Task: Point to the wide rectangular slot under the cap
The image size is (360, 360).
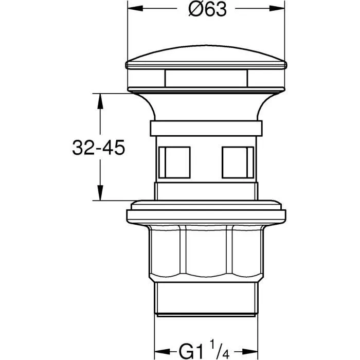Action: (x=206, y=79)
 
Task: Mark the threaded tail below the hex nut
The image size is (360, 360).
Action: (x=206, y=301)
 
